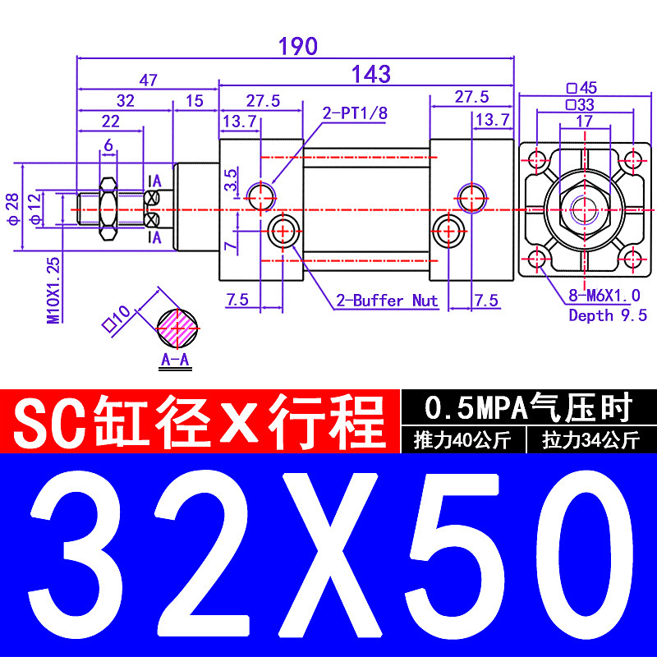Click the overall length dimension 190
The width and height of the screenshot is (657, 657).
(297, 47)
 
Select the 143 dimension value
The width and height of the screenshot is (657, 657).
(370, 75)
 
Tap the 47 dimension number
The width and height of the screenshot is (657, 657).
(148, 80)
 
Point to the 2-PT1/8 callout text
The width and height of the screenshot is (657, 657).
(353, 113)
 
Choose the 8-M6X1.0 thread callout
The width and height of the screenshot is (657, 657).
(604, 296)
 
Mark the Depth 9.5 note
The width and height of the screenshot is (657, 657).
(608, 315)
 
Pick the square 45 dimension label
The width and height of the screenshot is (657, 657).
(581, 88)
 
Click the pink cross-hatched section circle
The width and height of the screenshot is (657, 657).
(177, 327)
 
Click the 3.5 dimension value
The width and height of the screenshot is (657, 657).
(232, 180)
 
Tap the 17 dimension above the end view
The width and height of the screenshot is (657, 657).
(585, 120)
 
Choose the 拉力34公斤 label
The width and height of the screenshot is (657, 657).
(590, 440)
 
